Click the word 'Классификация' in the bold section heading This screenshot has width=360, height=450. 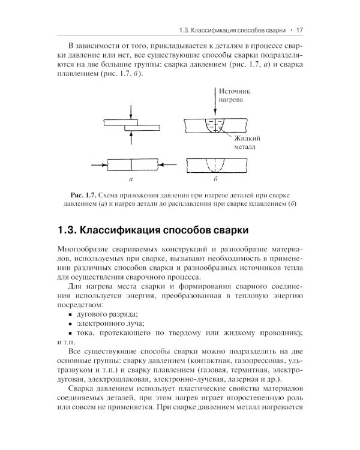coord(125,229)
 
